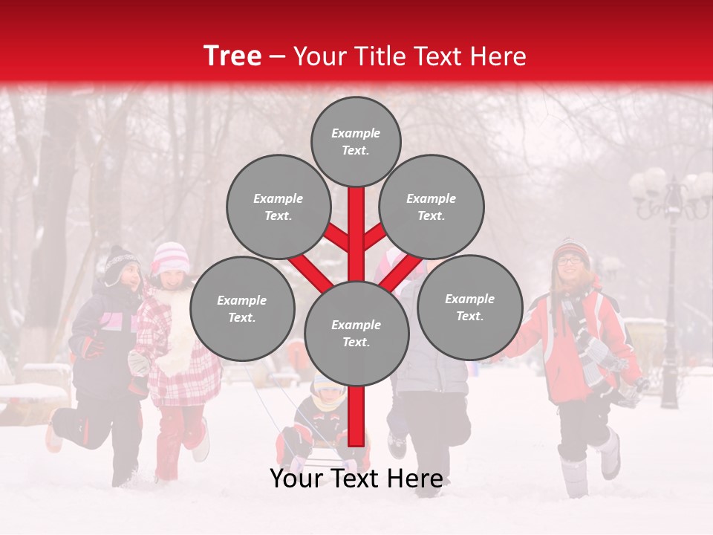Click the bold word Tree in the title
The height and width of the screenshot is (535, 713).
(232, 56)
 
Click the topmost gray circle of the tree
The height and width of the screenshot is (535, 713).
(356, 141)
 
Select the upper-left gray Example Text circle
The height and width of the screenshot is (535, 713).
(278, 207)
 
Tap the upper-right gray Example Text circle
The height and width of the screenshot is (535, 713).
(431, 207)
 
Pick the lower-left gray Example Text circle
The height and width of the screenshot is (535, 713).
(241, 308)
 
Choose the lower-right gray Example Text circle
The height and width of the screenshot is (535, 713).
(469, 307)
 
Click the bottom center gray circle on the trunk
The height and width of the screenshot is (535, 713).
(356, 333)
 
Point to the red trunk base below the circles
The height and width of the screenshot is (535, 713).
(356, 416)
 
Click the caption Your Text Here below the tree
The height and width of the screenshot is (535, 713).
(356, 479)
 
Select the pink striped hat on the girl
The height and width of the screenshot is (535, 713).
(171, 257)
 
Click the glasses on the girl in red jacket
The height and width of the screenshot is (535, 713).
(570, 260)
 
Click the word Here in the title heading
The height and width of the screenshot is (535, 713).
(498, 56)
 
